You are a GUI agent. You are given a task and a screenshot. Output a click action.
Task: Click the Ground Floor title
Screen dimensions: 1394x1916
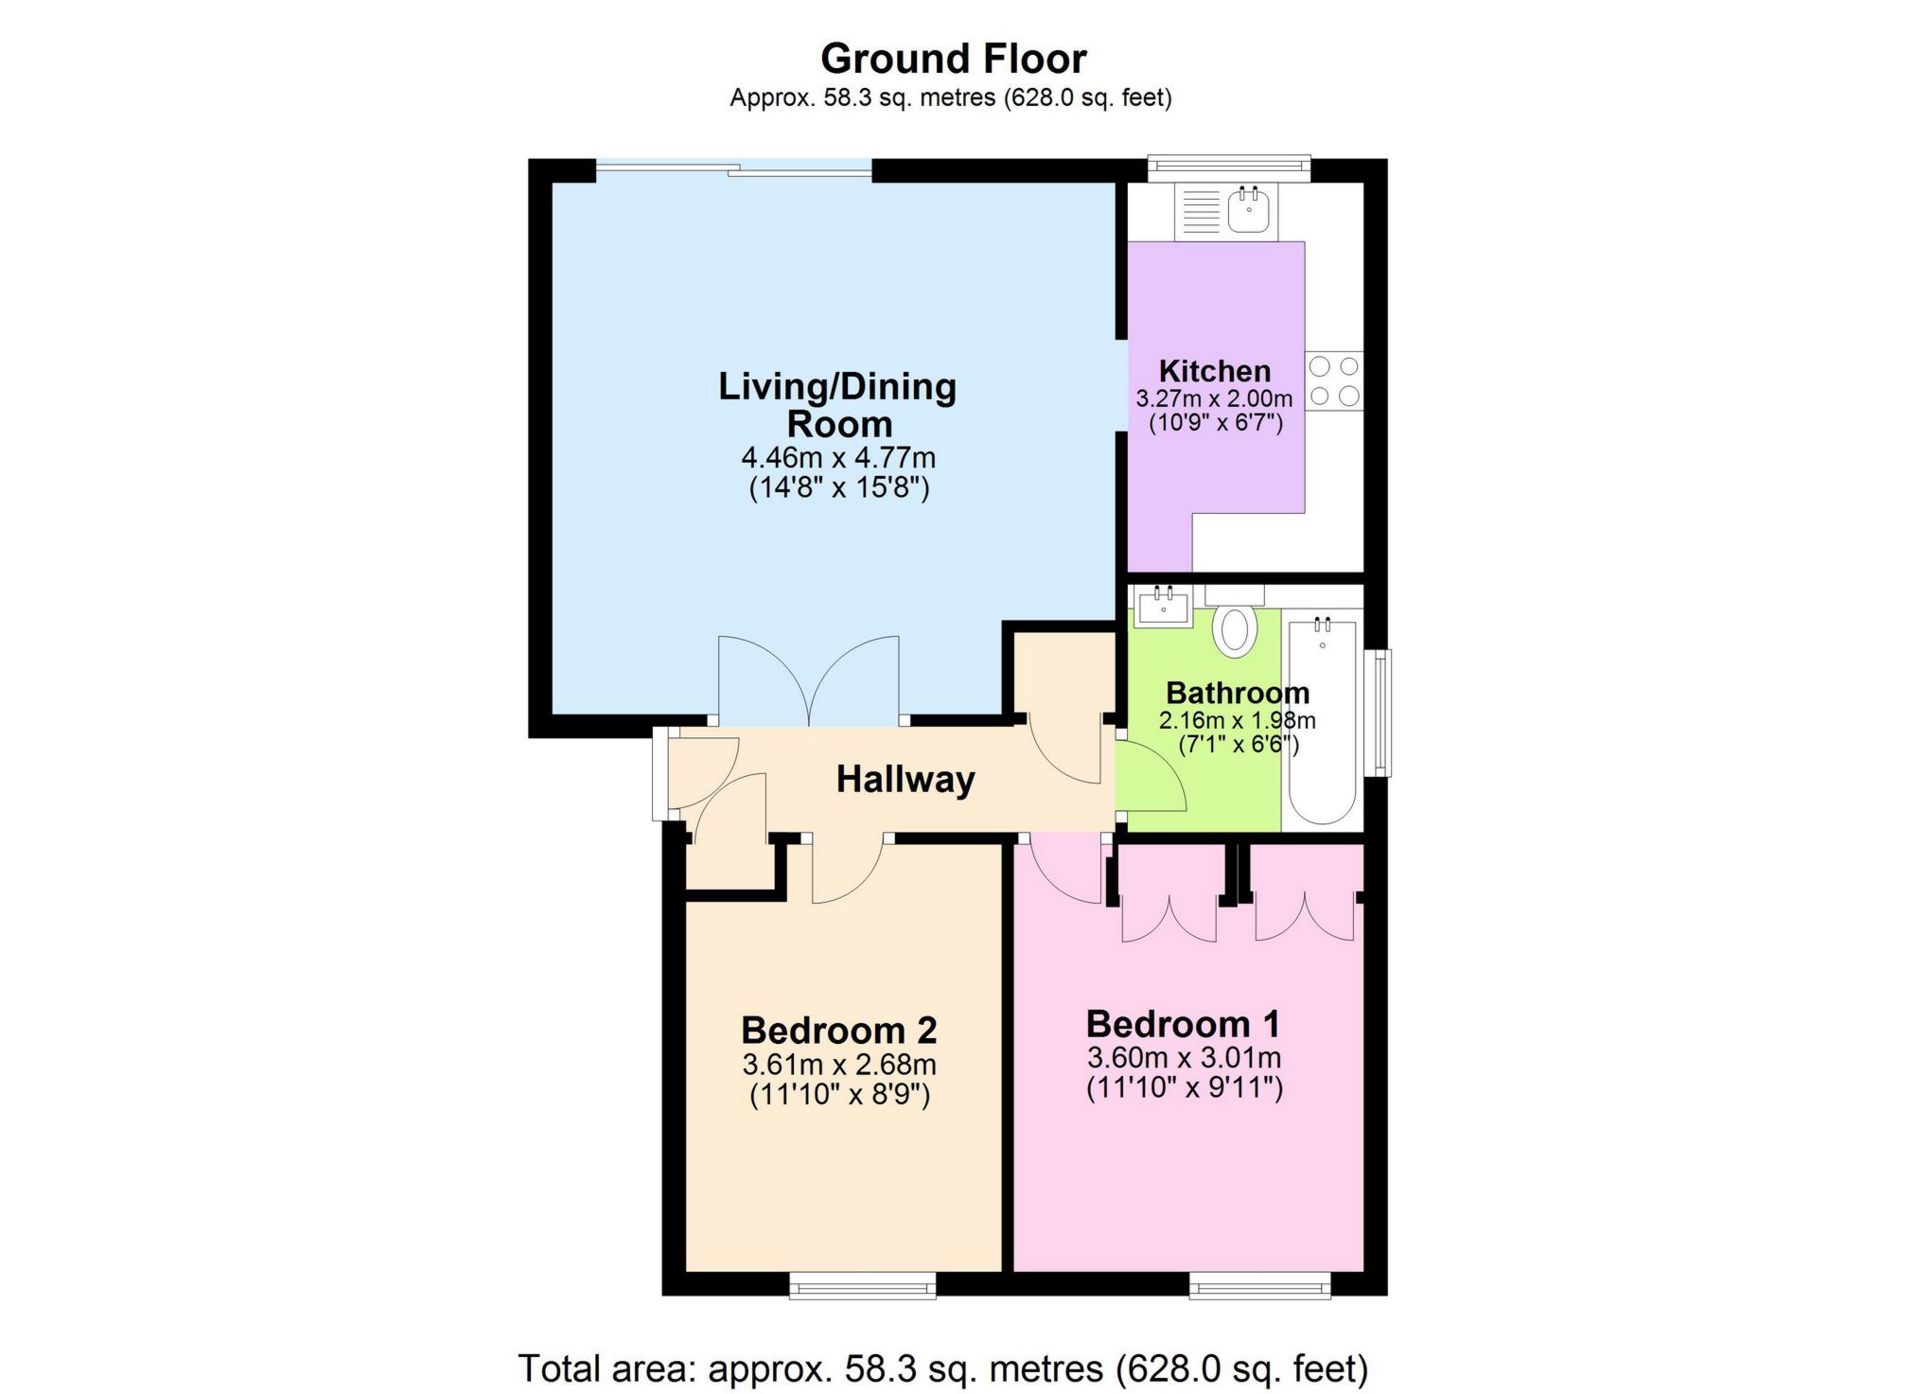click(x=953, y=59)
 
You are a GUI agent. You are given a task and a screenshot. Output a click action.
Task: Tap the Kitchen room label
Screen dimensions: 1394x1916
click(x=1214, y=371)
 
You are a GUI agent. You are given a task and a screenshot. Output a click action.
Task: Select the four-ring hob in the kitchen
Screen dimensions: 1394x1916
click(x=1334, y=380)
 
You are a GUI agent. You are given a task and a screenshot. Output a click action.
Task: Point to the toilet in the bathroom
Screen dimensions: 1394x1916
click(x=1235, y=628)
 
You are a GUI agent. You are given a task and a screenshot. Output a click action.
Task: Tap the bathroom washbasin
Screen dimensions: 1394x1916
click(x=1163, y=607)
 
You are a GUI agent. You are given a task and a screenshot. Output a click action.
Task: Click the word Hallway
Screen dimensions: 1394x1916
click(x=905, y=780)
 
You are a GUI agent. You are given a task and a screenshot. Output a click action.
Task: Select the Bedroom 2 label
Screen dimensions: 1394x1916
click(x=838, y=1030)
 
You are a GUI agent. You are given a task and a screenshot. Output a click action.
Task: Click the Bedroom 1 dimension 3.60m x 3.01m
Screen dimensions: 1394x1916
click(x=1184, y=1057)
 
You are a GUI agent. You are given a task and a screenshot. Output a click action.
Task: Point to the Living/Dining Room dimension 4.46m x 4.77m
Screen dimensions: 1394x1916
click(x=838, y=458)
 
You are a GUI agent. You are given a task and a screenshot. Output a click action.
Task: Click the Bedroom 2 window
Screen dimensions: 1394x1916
click(x=862, y=1285)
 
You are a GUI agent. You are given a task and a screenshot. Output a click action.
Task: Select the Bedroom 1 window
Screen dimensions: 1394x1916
click(x=1259, y=1285)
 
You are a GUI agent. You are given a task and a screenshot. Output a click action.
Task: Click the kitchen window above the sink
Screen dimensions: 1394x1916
click(x=1228, y=168)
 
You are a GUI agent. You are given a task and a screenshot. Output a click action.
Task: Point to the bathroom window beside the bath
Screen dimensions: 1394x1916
click(x=1382, y=712)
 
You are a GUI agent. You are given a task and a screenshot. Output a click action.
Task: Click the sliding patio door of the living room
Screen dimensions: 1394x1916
click(x=733, y=170)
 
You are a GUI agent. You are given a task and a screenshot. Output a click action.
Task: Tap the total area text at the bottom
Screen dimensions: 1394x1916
click(x=942, y=1368)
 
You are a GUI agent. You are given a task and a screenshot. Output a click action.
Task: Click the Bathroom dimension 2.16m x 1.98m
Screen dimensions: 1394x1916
click(x=1237, y=720)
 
